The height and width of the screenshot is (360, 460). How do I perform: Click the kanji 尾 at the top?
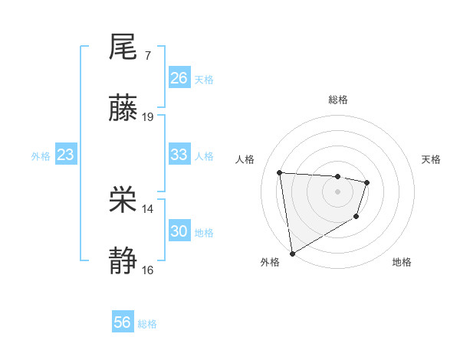pos(123,48)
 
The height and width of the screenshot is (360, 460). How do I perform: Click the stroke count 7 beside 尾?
pos(147,56)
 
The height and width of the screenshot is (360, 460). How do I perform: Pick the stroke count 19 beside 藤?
pos(148,117)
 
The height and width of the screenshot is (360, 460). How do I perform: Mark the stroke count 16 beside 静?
pos(148,270)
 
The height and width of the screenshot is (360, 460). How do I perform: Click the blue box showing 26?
pos(179,78)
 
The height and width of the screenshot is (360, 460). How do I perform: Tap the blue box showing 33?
pos(179,155)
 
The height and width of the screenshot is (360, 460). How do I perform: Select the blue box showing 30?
pos(179,231)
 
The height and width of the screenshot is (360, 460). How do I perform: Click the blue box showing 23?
pos(66,155)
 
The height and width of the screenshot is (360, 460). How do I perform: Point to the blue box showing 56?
pos(123,323)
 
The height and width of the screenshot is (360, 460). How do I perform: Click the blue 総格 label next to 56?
pos(147,324)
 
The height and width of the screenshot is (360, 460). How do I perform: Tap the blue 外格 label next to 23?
pos(41,155)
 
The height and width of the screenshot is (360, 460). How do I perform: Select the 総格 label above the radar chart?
pos(337,100)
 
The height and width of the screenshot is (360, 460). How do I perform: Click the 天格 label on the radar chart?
pos(432,159)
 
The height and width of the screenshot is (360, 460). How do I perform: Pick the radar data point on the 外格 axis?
pos(292,253)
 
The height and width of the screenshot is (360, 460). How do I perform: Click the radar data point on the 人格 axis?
pos(280,172)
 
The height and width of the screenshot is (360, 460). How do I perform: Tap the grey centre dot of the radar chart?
pos(337,191)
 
